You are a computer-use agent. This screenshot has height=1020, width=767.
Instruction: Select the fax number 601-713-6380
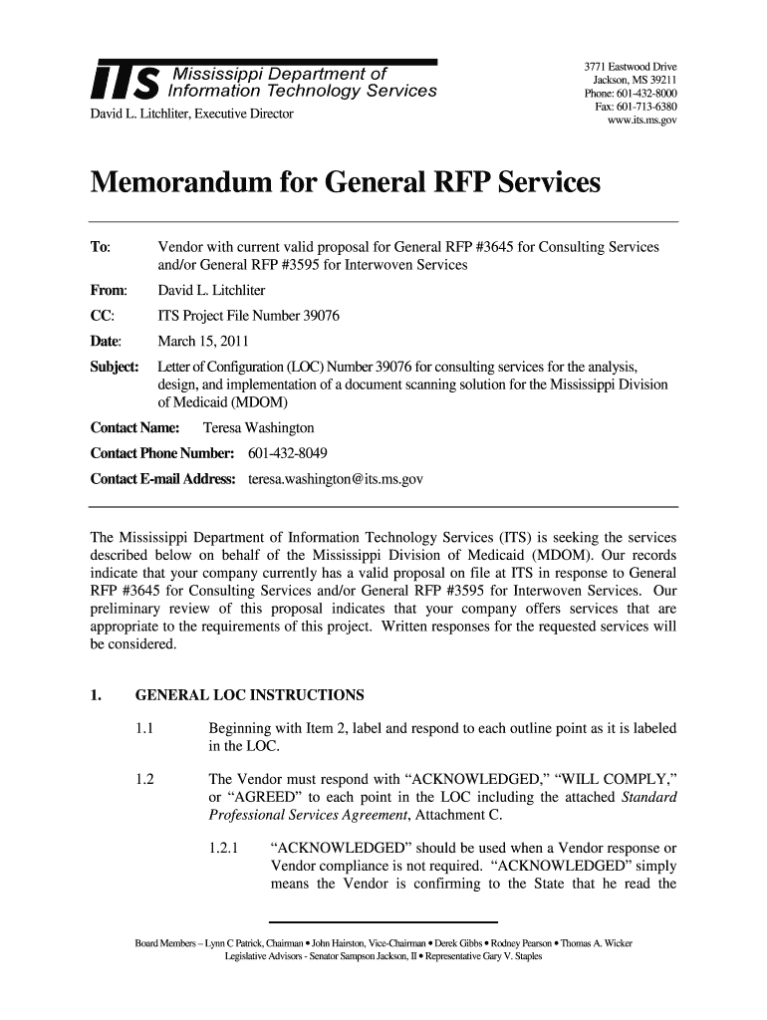[646, 107]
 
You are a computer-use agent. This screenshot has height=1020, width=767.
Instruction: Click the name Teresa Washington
[258, 427]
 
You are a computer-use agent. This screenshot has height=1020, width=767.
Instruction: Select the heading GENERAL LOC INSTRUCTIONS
[249, 694]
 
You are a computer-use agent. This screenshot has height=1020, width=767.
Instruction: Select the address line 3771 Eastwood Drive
[631, 68]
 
